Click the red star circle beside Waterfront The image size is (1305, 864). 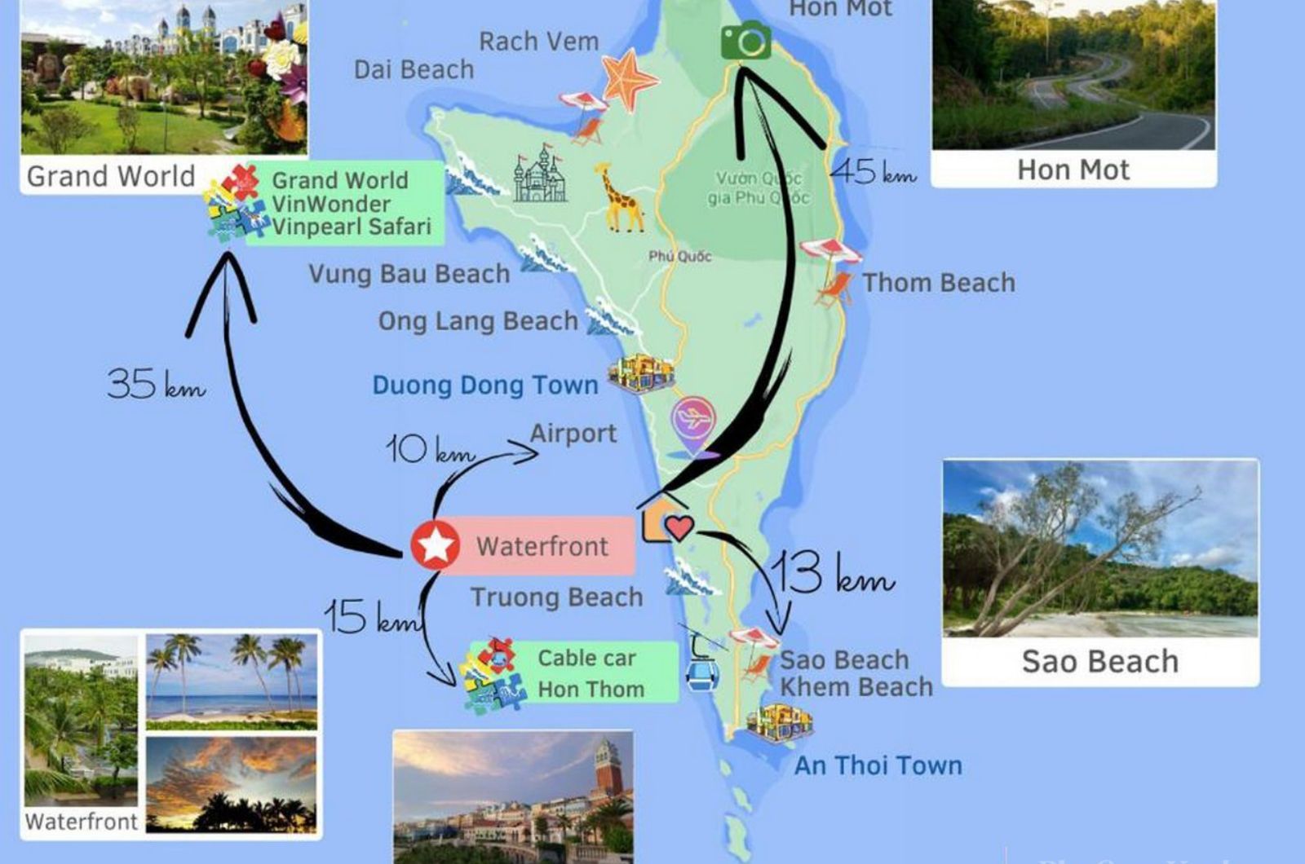(435, 544)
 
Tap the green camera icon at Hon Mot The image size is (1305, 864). (745, 41)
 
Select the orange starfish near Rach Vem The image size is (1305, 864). (628, 80)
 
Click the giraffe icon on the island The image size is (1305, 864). (621, 198)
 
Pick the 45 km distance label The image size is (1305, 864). (873, 172)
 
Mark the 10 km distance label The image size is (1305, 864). (429, 450)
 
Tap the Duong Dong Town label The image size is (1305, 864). (485, 385)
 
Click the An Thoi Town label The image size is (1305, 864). (878, 765)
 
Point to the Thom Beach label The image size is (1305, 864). (939, 283)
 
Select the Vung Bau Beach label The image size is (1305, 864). (409, 274)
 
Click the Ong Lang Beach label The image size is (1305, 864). (477, 321)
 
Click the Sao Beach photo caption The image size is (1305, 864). (1099, 661)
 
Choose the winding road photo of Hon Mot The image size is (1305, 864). (1073, 75)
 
